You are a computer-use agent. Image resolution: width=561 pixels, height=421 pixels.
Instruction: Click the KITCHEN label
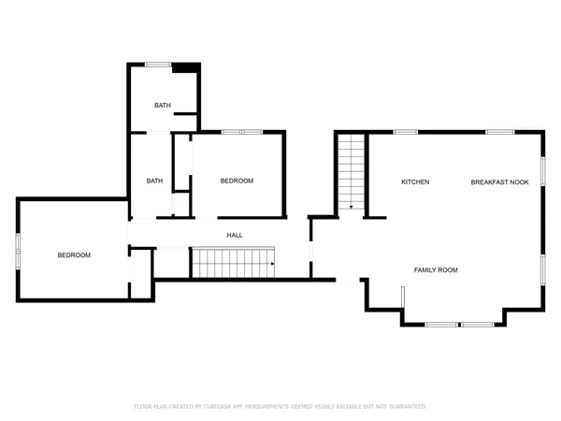pos(415,181)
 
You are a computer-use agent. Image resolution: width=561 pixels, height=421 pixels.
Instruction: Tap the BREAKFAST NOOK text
pos(499,181)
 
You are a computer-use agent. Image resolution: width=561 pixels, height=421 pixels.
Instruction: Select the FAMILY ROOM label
pos(436,269)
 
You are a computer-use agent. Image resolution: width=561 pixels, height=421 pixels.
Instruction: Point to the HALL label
pos(235,235)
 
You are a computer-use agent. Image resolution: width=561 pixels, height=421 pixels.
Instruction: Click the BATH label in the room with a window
pos(162,105)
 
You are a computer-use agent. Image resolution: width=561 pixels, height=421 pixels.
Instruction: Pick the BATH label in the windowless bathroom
pos(155,181)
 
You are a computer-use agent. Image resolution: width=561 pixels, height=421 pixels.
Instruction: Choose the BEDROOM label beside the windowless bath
pos(237,181)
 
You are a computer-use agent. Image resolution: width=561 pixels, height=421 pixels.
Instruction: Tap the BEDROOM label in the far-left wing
pos(74,254)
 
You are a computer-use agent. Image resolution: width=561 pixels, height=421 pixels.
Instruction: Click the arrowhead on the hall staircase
pos(271,265)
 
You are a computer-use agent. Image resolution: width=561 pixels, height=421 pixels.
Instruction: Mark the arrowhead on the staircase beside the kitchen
pos(351,206)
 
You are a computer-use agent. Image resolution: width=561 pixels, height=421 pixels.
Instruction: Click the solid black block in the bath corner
pos(187,66)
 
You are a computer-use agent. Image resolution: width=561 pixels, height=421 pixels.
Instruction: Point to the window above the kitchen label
pos(405,132)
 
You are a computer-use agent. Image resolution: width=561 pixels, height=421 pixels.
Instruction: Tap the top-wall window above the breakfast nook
pos(497,132)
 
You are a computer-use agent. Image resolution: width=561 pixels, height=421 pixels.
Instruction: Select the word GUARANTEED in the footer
pos(406,407)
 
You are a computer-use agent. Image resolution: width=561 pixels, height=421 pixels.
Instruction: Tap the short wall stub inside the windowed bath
pos(186,115)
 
